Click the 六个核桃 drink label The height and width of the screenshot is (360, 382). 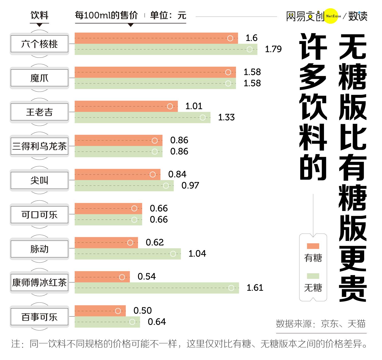pyautogui.click(x=39, y=44)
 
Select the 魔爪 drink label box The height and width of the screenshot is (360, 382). pyautogui.click(x=39, y=78)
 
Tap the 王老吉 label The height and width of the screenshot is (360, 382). pyautogui.click(x=39, y=112)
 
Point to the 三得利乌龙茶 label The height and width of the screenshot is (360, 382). pyautogui.click(x=39, y=146)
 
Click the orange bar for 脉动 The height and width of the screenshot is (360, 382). pyautogui.click(x=106, y=243)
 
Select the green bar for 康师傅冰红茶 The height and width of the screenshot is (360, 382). pyautogui.click(x=157, y=288)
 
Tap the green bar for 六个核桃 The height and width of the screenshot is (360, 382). pyautogui.click(x=166, y=49)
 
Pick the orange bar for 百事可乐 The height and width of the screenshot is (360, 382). pyautogui.click(x=100, y=311)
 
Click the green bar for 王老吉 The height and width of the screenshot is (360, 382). pyautogui.click(x=142, y=118)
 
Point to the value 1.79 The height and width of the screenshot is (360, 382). pyautogui.click(x=273, y=49)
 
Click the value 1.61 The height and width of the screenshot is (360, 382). pyautogui.click(x=255, y=288)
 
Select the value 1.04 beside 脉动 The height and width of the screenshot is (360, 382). pyautogui.click(x=197, y=254)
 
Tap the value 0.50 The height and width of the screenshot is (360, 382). pyautogui.click(x=143, y=311)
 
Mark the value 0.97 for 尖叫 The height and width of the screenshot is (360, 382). pyautogui.click(x=190, y=185)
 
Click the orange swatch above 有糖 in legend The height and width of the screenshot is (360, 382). pyautogui.click(x=313, y=246)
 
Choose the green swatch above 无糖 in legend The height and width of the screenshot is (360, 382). pyautogui.click(x=313, y=276)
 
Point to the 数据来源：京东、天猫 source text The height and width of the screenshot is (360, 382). pyautogui.click(x=321, y=324)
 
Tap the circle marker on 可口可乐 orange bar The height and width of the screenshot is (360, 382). pyautogui.click(x=134, y=209)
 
